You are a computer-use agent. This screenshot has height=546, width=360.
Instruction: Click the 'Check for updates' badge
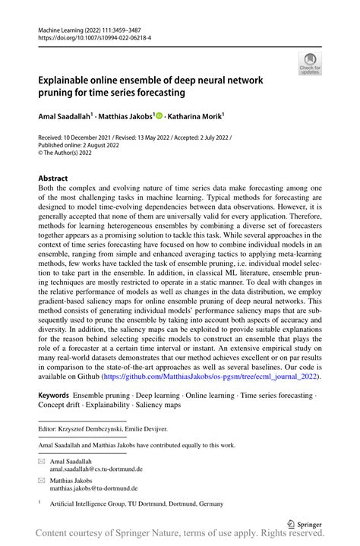click(x=309, y=64)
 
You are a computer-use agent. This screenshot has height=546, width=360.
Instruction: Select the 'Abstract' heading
click(x=52, y=178)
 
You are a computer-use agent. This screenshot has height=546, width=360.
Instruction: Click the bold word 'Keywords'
click(x=52, y=396)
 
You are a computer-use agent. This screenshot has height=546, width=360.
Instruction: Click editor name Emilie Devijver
click(x=145, y=431)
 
